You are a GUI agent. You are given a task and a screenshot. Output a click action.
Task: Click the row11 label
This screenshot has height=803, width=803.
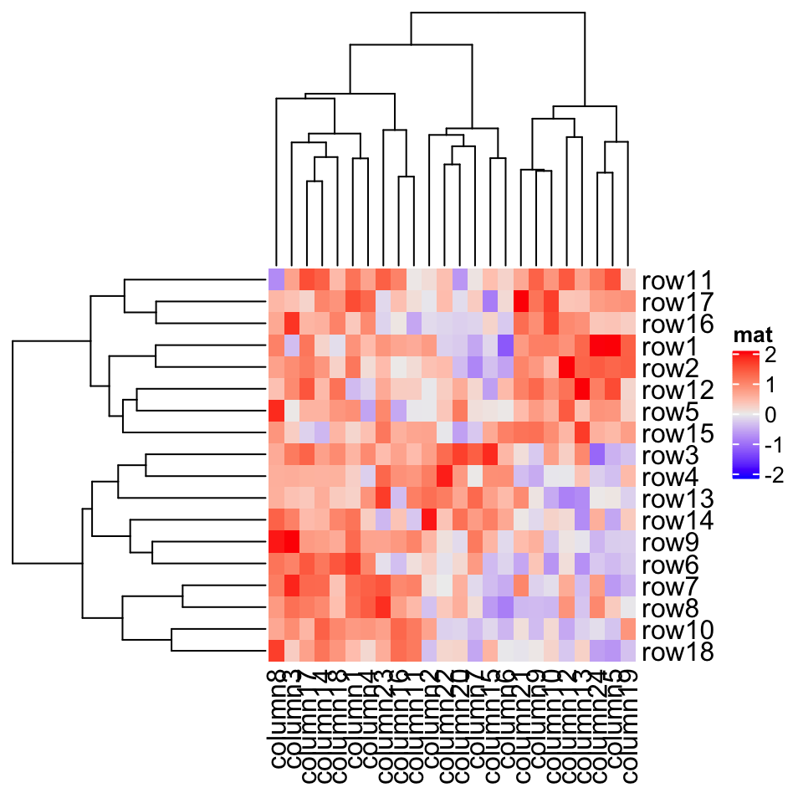tap(678, 280)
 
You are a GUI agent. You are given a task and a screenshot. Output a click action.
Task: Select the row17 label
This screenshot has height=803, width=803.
tap(678, 302)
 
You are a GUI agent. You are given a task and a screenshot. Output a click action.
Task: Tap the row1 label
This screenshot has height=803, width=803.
tap(671, 345)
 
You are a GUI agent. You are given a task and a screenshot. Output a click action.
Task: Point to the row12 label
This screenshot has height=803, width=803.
tap(678, 390)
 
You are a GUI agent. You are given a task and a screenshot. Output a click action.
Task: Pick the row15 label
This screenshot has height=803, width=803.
tap(678, 433)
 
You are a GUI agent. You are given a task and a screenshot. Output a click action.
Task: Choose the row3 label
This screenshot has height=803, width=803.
tap(671, 455)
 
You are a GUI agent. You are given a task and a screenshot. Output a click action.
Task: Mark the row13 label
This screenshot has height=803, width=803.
tap(678, 499)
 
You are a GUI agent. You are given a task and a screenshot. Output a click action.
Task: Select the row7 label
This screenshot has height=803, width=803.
tap(671, 586)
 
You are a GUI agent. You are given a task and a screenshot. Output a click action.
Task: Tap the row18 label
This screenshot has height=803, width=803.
tap(678, 652)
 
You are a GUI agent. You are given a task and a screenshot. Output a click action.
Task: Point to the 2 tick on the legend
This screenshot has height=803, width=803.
tap(770, 355)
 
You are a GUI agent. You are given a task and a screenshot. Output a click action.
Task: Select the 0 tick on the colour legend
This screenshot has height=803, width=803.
tap(770, 415)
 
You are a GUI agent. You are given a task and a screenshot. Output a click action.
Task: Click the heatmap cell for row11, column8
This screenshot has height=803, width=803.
tap(276, 279)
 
